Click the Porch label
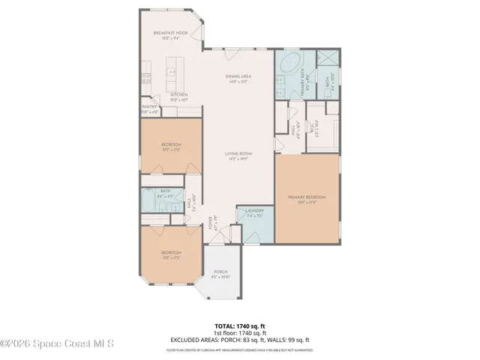pos(220,271)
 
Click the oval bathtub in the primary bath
pos(287,65)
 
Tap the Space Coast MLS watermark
pos(57,344)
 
